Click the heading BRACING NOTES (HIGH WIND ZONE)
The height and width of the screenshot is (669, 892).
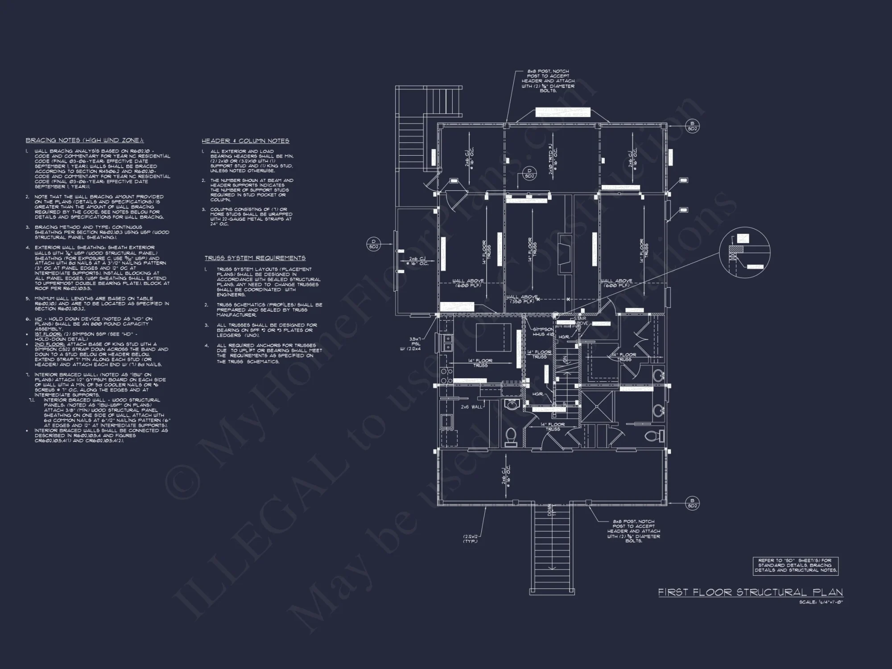(x=85, y=140)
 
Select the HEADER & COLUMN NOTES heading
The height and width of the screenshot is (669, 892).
(x=245, y=141)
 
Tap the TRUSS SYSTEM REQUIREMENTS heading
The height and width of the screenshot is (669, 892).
(x=255, y=258)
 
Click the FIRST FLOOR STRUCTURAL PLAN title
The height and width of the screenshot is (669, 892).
(x=751, y=592)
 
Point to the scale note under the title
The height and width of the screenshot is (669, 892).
(x=821, y=603)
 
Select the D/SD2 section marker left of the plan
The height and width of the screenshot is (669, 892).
(x=373, y=244)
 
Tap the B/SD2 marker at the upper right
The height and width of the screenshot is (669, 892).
(x=692, y=126)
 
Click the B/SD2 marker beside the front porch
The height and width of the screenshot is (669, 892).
(x=692, y=503)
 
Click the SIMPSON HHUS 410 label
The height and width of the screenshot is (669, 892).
(x=543, y=331)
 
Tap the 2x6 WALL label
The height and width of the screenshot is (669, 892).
(x=471, y=407)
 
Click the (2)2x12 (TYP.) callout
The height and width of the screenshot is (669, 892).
(x=470, y=538)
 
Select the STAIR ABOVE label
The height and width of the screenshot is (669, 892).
(x=581, y=321)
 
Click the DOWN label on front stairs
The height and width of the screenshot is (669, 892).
(x=550, y=510)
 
